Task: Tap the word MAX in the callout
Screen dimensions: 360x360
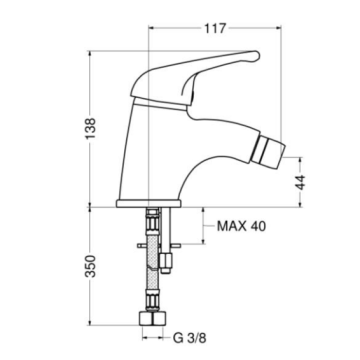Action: pyautogui.click(x=231, y=226)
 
